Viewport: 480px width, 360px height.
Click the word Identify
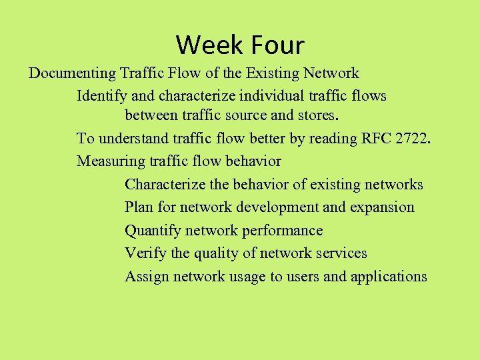(x=101, y=96)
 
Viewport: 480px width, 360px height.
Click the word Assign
(x=147, y=276)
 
